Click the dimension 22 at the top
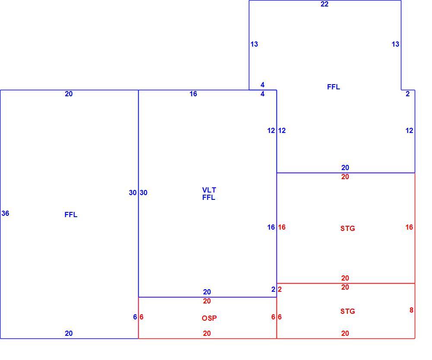point(324,4)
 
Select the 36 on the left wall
point(5,213)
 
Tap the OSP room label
point(209,318)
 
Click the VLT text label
point(209,190)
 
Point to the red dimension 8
point(411,310)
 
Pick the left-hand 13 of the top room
point(254,44)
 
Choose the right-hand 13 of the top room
point(395,44)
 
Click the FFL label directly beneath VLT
point(209,198)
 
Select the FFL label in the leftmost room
point(71,215)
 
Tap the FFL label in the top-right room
point(334,87)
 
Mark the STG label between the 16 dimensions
point(347,228)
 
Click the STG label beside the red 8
point(347,311)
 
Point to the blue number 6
point(135,317)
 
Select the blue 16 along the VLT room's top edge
point(193,94)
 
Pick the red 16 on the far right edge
point(409,227)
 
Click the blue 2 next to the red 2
point(273,290)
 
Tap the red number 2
point(280,290)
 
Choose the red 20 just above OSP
point(206,301)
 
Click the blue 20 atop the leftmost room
point(69,94)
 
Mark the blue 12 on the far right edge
point(409,130)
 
